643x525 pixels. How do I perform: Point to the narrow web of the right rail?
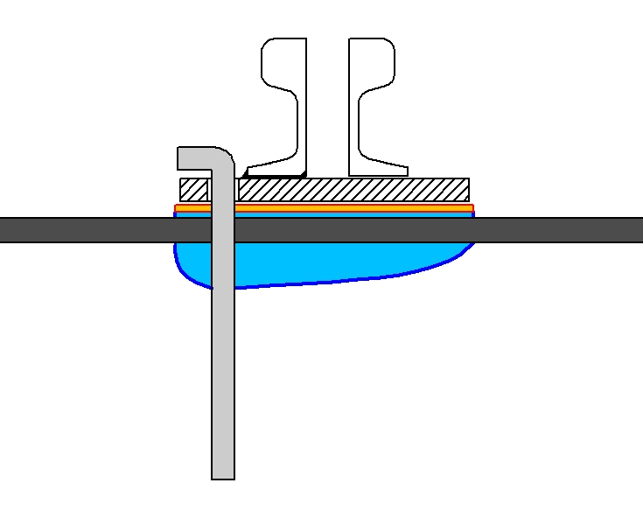point(354,122)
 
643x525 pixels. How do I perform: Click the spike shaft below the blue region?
point(223,376)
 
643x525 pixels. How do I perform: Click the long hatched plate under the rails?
point(350,189)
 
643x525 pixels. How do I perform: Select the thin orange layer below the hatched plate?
point(350,208)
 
